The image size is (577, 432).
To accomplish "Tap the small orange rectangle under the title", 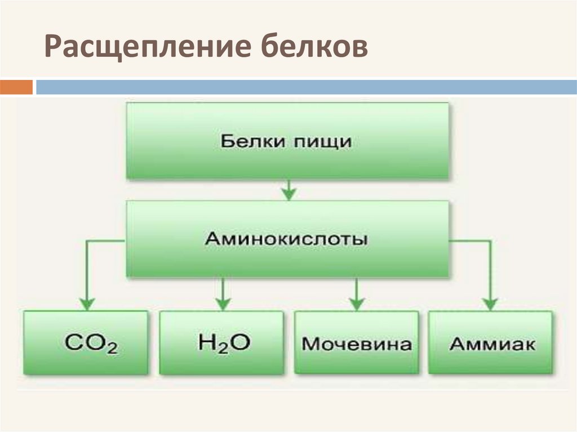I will [x=16, y=87].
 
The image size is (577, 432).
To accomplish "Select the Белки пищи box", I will [x=287, y=141].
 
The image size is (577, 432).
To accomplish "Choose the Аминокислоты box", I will [x=287, y=239].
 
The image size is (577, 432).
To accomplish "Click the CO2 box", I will [x=86, y=342].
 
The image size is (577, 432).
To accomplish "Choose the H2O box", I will [x=221, y=342].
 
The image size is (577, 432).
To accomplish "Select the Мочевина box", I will [x=357, y=342].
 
